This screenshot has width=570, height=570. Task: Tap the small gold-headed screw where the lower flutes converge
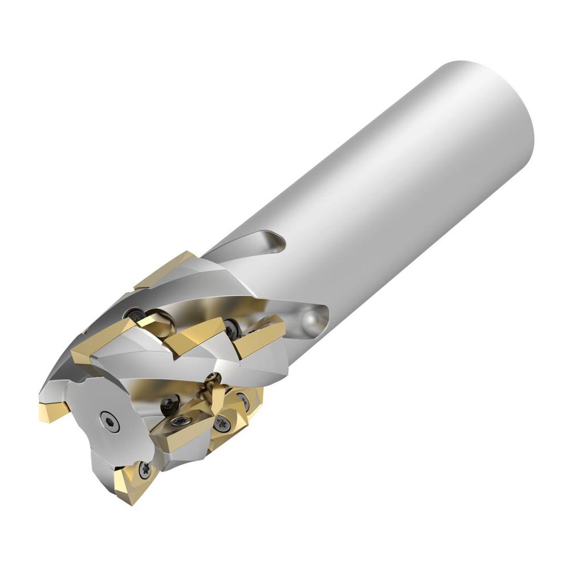click(x=215, y=377)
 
